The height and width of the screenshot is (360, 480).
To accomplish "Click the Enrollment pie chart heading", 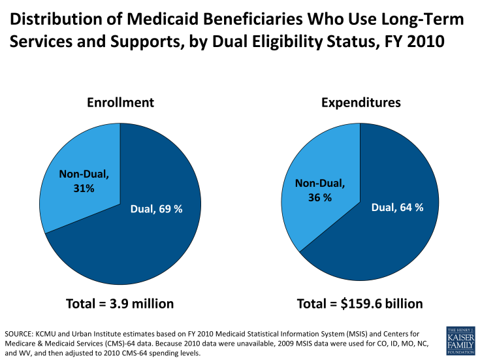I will click(120, 103).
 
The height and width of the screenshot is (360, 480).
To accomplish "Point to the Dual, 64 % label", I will click(397, 207).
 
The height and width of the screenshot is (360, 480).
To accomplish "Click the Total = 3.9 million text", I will click(120, 304).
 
